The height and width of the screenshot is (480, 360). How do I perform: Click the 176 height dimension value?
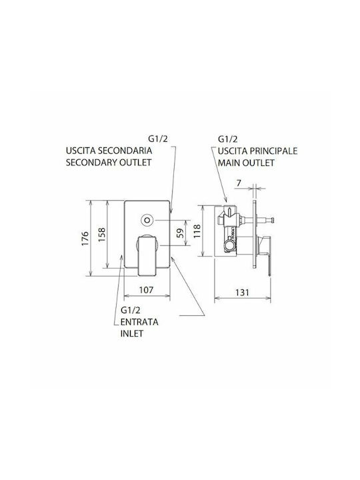point(85,238)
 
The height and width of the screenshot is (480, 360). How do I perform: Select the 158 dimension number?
point(101,235)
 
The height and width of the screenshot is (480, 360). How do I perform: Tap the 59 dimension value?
point(181,233)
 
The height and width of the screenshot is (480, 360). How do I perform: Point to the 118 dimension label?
point(197,231)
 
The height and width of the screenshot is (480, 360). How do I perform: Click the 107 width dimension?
point(146,289)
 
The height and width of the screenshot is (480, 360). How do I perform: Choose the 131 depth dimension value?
point(243,293)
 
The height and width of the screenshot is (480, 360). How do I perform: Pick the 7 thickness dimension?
point(239,183)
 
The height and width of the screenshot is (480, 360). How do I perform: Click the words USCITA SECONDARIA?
point(109,151)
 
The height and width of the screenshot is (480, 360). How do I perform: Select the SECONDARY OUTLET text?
point(109,162)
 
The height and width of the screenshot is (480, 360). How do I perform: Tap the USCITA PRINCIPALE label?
point(257,151)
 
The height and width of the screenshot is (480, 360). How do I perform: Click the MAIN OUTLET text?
point(246,163)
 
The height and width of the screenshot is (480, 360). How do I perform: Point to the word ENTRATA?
point(139,322)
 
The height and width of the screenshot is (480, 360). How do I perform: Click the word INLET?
point(131,333)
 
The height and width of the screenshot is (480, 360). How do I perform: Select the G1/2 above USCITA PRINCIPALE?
point(227,139)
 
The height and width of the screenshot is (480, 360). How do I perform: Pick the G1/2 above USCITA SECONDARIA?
point(158,139)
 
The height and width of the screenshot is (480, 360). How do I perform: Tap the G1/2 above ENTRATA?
point(131,311)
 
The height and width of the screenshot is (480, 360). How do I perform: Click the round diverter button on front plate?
point(147,220)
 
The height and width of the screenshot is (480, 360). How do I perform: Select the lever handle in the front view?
point(147,255)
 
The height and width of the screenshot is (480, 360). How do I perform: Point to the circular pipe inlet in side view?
point(229,245)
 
